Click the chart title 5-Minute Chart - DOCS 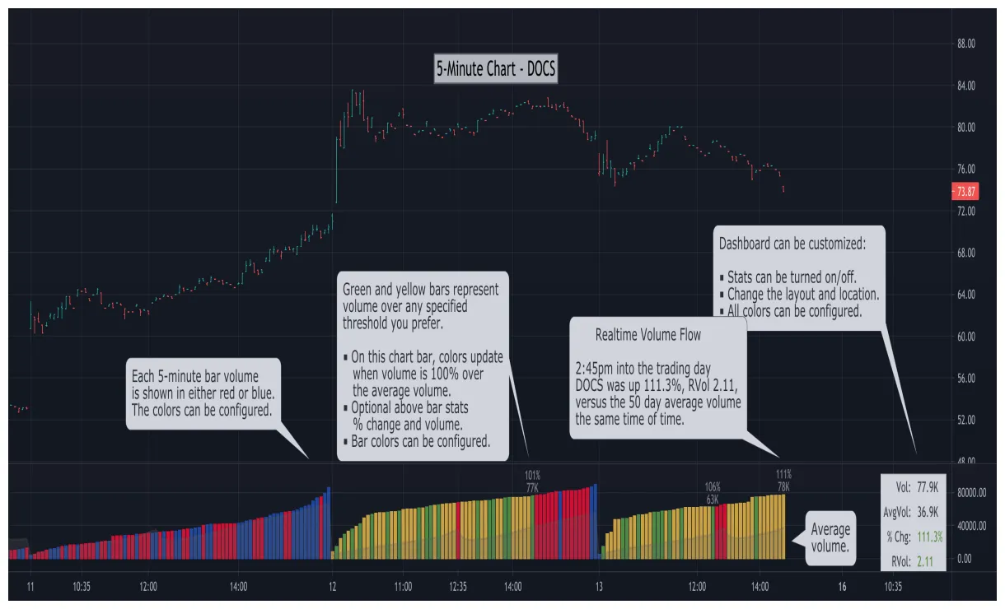pyautogui.click(x=496, y=70)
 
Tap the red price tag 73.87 pyautogui.click(x=965, y=191)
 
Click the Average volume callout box pyautogui.click(x=830, y=537)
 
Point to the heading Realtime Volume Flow pyautogui.click(x=647, y=335)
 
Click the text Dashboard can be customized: pyautogui.click(x=791, y=244)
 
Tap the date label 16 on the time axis pyautogui.click(x=841, y=587)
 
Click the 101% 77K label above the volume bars pyautogui.click(x=532, y=481)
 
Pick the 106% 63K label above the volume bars pyautogui.click(x=713, y=493)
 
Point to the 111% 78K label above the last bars pyautogui.click(x=783, y=481)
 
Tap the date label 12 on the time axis pyautogui.click(x=332, y=587)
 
